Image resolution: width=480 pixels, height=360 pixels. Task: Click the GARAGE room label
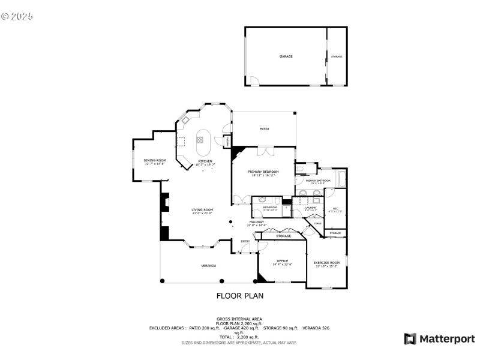286,56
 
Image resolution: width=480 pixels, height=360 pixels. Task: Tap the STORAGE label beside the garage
337,56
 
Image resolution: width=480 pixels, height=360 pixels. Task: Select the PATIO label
264,129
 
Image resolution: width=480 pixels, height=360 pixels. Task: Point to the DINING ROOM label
154,160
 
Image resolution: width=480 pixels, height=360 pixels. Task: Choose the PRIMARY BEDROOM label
264,172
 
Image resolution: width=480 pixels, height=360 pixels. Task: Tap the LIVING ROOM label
203,209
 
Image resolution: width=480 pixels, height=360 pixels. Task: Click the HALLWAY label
257,222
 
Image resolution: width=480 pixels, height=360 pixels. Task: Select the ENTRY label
245,241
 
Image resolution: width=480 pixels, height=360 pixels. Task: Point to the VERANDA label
208,265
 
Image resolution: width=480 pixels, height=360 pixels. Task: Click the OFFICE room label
281,261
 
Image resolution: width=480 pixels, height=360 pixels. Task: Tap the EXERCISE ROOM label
326,263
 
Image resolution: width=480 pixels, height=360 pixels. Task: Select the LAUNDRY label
310,208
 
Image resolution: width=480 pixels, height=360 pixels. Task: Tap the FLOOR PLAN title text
239,296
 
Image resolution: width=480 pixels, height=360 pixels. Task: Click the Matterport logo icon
410,339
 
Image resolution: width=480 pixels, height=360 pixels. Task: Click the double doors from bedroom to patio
264,150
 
